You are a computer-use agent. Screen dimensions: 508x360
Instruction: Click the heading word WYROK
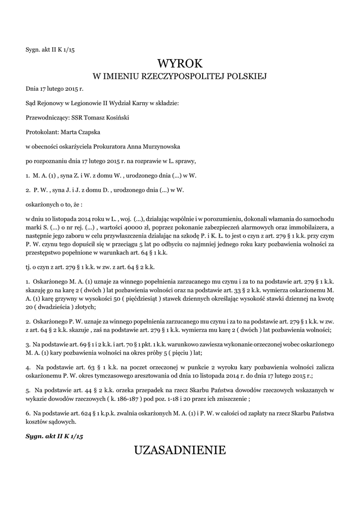point(180,63)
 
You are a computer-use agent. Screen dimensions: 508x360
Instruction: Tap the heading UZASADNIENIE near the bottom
point(180,450)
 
